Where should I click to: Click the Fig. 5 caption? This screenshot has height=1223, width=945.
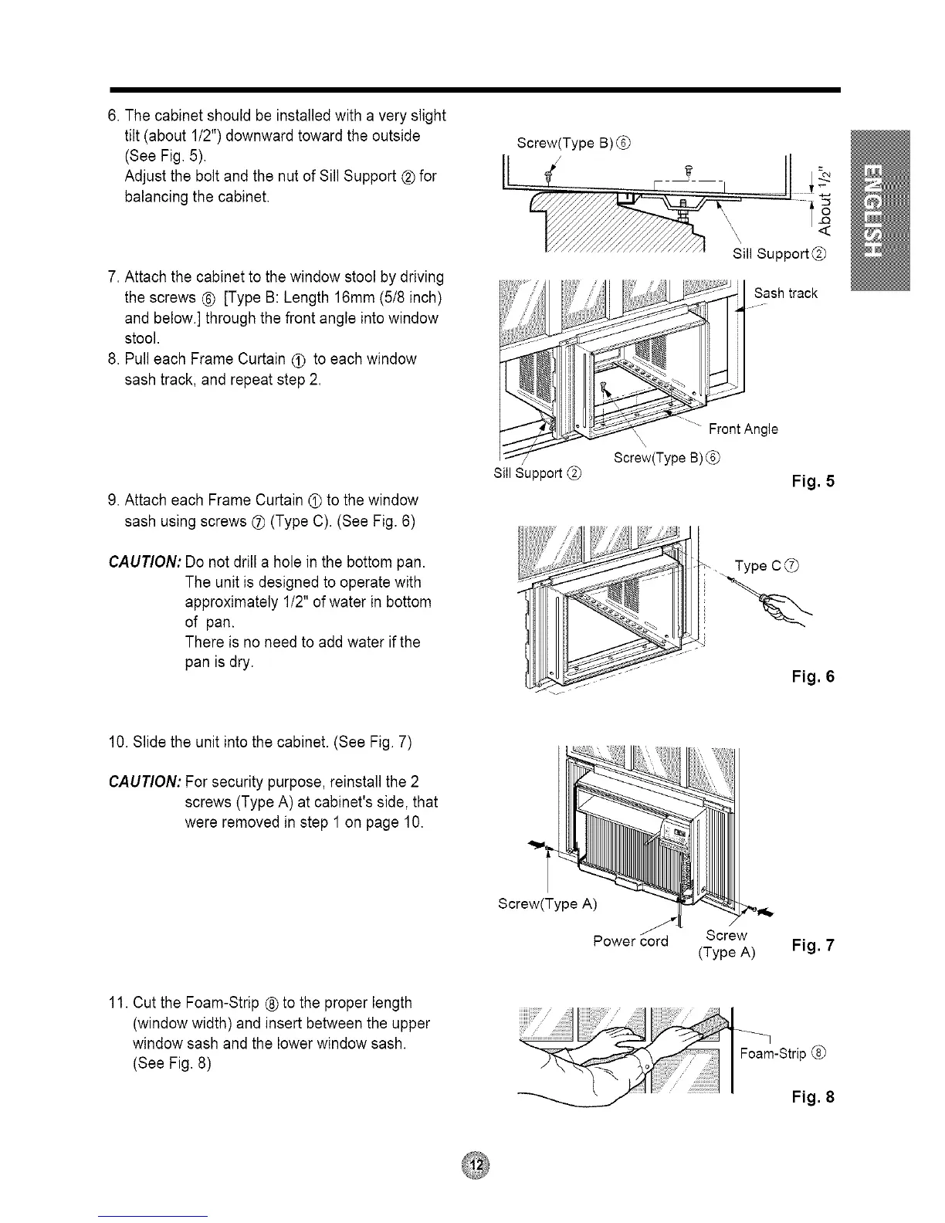coord(813,482)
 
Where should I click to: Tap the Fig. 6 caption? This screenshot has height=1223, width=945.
coord(813,676)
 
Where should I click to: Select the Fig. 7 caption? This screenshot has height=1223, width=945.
coord(813,945)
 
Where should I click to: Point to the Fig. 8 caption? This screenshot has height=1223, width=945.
coord(813,1097)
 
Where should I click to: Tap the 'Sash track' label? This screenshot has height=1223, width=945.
coord(785,293)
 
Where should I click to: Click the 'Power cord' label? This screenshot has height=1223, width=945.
coord(630,941)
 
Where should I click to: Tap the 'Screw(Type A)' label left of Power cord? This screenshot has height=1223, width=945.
coord(547,903)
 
